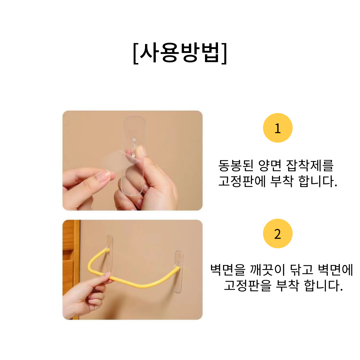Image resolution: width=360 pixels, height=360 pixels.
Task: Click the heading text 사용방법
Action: [180, 53]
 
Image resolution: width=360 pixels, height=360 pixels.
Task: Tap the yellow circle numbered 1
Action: [278, 128]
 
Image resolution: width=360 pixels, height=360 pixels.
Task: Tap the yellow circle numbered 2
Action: [278, 233]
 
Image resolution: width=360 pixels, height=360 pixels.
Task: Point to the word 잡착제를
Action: [310, 165]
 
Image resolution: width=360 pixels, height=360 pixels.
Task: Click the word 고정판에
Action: [242, 181]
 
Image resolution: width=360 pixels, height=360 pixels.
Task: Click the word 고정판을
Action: [247, 285]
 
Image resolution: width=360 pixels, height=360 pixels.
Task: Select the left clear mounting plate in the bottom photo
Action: [109, 253]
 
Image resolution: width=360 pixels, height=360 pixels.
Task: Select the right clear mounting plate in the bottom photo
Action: [179, 272]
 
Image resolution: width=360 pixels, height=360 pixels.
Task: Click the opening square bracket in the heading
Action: [136, 53]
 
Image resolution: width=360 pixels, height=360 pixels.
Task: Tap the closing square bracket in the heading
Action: [224, 53]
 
